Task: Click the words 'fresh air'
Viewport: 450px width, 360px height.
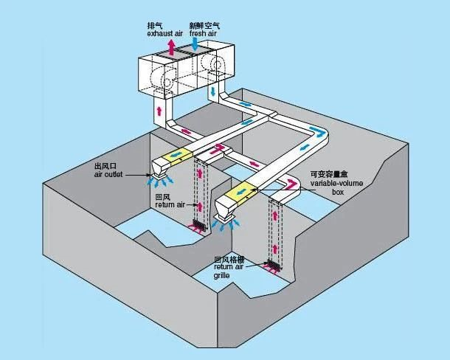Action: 204,34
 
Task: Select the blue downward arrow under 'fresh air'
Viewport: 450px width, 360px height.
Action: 194,46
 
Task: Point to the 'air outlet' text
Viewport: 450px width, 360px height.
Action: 109,175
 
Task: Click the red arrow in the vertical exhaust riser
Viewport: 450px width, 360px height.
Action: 159,111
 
